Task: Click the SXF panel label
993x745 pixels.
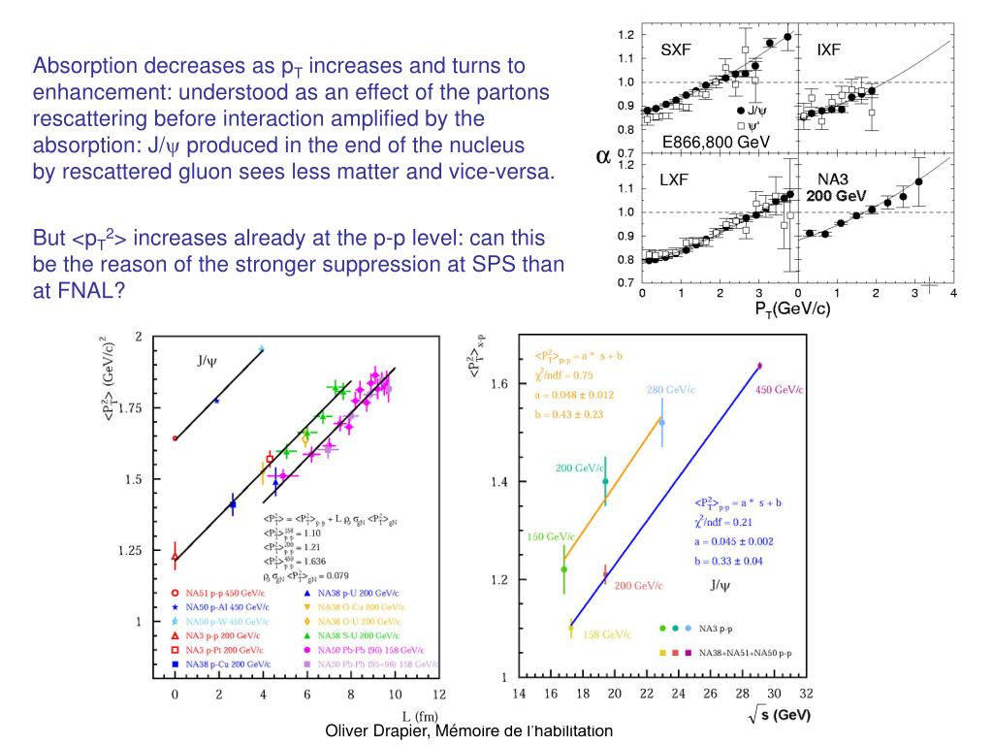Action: click(x=676, y=50)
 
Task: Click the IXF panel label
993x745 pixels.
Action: click(x=829, y=50)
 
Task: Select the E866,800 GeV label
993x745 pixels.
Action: click(x=715, y=143)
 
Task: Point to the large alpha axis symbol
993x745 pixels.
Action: click(x=602, y=156)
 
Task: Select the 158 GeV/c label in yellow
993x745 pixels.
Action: click(x=606, y=634)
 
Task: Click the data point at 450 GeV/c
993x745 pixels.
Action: click(x=759, y=366)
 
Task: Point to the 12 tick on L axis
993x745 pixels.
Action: click(x=438, y=694)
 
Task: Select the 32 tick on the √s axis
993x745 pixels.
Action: click(x=806, y=694)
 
